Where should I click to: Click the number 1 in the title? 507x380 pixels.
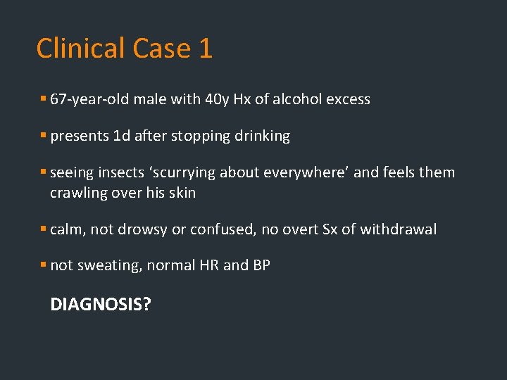(204, 49)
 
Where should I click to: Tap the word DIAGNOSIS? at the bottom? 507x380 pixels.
(101, 305)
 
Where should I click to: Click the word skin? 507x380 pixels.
(182, 192)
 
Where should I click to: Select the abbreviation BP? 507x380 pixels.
(261, 266)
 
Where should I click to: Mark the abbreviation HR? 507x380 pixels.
(208, 266)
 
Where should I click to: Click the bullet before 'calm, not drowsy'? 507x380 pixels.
(44, 229)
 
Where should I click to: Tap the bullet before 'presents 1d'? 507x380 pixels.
(44, 136)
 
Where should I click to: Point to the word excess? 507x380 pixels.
(347, 99)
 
